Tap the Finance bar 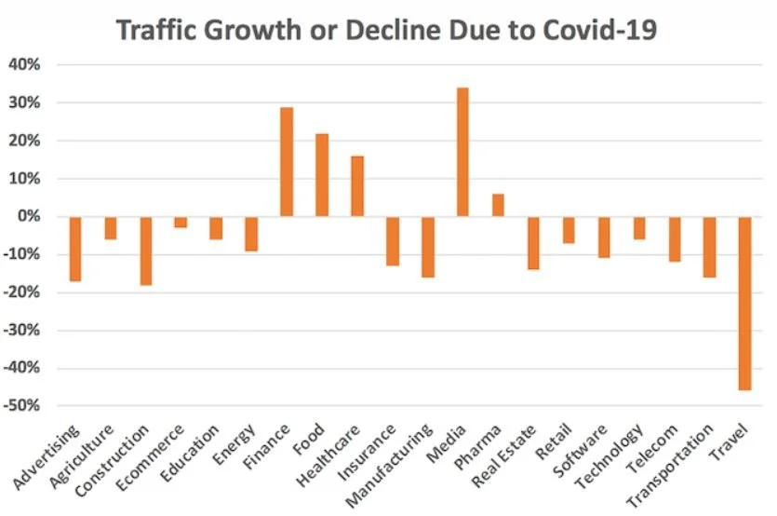(287, 162)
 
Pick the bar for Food (322, 175)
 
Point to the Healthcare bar (357, 186)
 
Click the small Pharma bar (498, 205)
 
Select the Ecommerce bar (181, 222)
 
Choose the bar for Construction (145, 251)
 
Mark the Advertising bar (75, 249)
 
